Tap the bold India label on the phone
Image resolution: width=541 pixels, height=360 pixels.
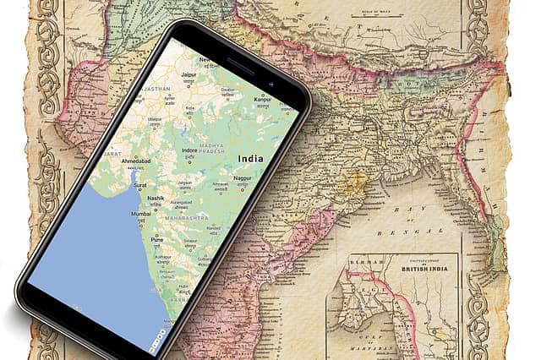[250, 159]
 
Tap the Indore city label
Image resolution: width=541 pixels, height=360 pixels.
[191, 150]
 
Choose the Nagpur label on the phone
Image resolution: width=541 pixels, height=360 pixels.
[243, 179]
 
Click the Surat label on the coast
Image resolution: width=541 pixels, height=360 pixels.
[139, 184]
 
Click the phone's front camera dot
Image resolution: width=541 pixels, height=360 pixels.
[270, 85]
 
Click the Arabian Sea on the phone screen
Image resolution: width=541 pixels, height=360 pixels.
[85, 262]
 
